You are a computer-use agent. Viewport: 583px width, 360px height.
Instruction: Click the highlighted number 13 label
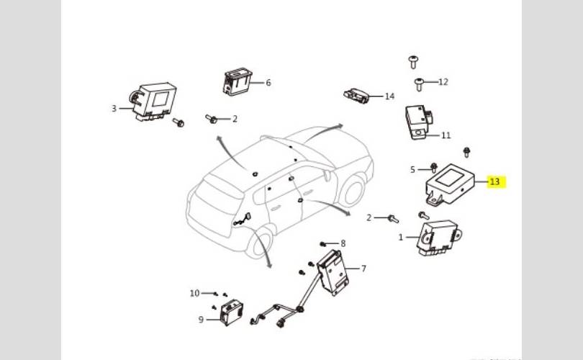tap(494, 181)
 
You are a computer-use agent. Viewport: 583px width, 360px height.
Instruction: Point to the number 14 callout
tap(389, 96)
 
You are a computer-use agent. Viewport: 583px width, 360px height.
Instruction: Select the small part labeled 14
tap(358, 95)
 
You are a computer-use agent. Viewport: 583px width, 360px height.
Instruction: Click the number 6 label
tap(268, 83)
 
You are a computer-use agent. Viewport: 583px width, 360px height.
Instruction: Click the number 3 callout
tap(114, 109)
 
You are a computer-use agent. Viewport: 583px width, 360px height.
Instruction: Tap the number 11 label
tap(446, 135)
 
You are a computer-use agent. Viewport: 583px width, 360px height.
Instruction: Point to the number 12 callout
tap(443, 81)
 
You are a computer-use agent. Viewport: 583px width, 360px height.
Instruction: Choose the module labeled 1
tap(438, 237)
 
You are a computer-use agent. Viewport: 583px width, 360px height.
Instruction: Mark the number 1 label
tap(401, 237)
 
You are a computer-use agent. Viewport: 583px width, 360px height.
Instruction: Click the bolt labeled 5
tap(435, 169)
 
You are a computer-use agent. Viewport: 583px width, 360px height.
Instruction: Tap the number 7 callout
tap(363, 269)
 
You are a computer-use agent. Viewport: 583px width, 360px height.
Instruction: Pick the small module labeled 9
tap(232, 312)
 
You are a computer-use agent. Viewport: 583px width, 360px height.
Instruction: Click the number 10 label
tap(194, 293)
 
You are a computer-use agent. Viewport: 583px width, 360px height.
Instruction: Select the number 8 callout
tap(343, 243)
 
